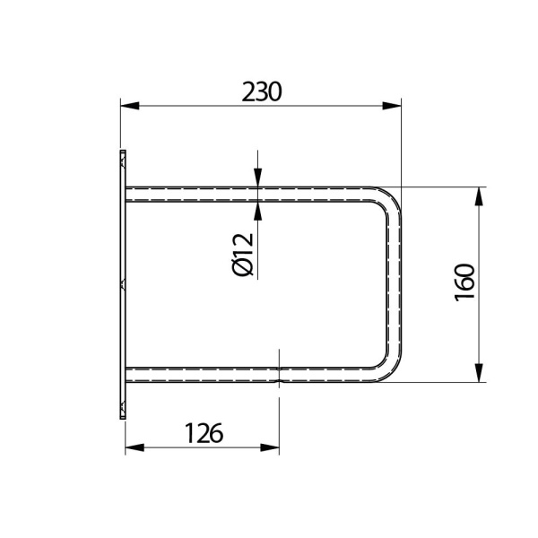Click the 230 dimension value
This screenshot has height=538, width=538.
point(262,91)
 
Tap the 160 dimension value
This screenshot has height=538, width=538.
point(464,283)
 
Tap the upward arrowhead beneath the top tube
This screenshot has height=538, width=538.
point(258,211)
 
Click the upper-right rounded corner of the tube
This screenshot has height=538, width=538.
point(387,199)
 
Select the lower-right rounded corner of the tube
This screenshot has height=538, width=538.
point(387,369)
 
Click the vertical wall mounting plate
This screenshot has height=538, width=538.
point(120,285)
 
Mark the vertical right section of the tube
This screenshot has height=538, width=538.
point(393,283)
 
